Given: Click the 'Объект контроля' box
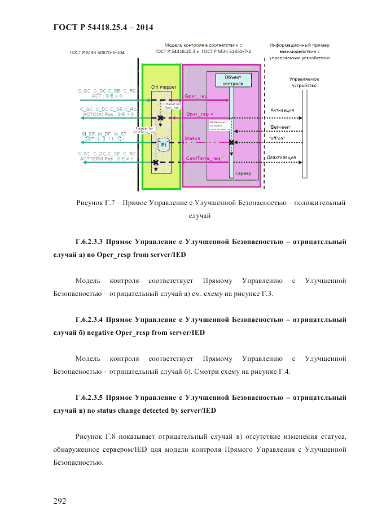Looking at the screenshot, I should point(234,80).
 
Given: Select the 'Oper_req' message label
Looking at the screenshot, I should point(196,96).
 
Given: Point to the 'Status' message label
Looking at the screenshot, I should point(192,138).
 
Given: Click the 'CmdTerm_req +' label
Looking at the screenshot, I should point(204,159).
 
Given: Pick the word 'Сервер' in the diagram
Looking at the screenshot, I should point(244,173).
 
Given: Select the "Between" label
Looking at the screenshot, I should point(280,128).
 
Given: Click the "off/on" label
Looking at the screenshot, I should point(277,138).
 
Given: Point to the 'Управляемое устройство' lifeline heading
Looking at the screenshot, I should point(304,82).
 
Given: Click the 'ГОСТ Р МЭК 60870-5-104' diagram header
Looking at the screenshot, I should point(97,53).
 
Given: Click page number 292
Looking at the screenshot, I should point(60,501).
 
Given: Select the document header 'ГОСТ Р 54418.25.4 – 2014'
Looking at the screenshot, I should point(103,27).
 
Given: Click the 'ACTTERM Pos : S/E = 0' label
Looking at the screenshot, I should point(107,159).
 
